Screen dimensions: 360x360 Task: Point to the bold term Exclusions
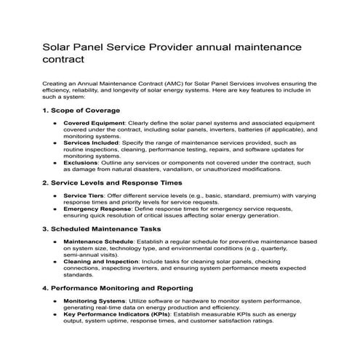[x=81, y=164]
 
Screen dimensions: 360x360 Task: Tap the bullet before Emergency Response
[x=55, y=209]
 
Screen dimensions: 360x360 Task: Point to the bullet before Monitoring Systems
[x=55, y=300]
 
